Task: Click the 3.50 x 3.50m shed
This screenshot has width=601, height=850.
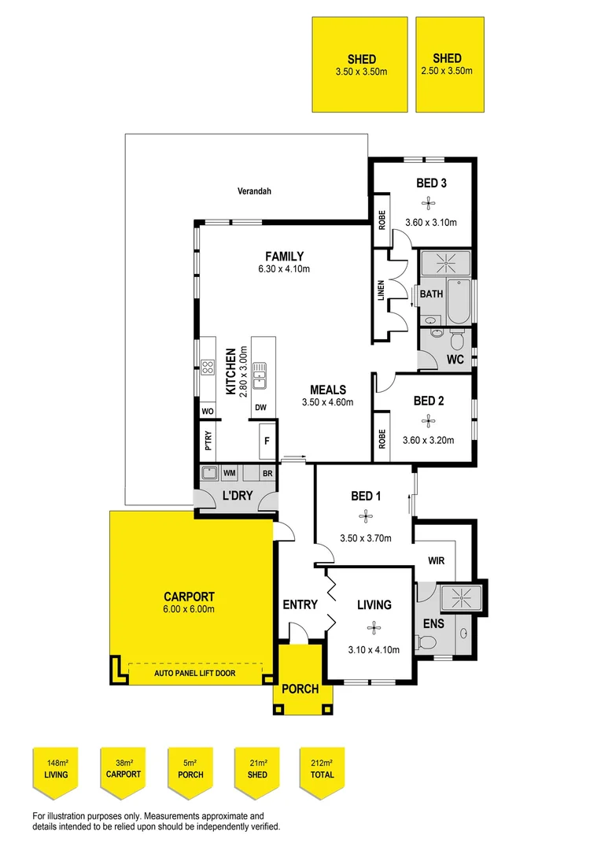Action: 360,65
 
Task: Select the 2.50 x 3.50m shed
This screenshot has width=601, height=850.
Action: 447,65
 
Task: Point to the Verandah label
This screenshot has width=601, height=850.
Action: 253,191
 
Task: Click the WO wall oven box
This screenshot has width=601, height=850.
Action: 208,412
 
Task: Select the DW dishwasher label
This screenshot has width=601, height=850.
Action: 260,408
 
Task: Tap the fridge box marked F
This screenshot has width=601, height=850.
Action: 267,442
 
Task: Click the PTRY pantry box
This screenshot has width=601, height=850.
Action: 208,442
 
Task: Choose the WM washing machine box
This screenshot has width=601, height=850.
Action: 230,473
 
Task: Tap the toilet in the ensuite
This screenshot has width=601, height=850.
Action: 426,643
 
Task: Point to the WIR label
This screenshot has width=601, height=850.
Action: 437,562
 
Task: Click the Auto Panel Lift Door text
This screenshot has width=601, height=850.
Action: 194,673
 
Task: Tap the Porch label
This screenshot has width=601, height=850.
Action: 300,689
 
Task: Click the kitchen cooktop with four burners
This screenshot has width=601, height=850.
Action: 208,368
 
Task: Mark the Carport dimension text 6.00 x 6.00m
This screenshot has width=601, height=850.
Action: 189,608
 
